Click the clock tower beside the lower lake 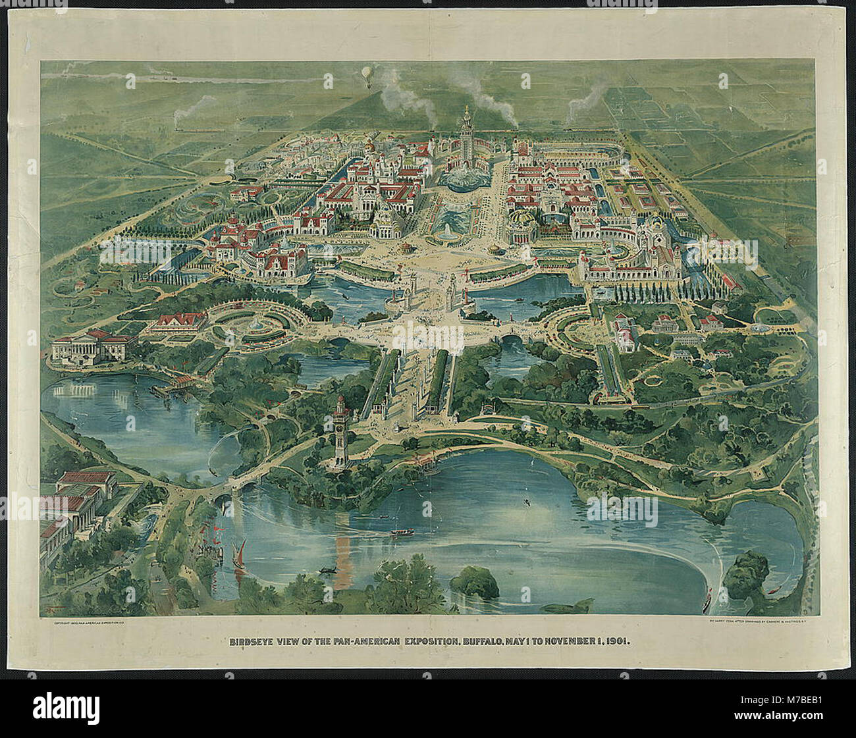tap(341, 431)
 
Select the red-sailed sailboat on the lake tap(240, 552)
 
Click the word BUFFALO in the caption tap(428, 639)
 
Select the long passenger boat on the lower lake tap(399, 531)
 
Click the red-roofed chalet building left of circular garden tap(179, 321)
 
